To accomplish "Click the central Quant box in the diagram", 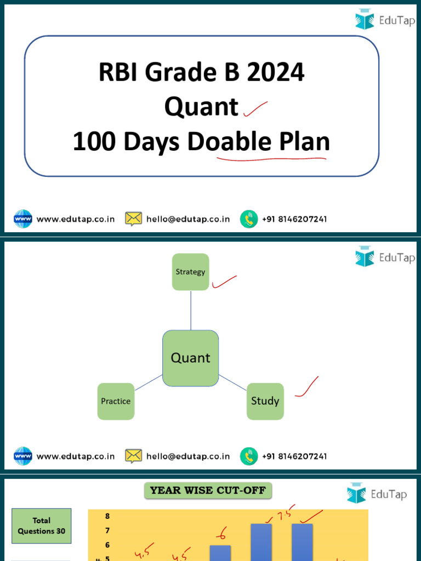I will tap(190, 358).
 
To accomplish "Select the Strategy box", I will tap(190, 272).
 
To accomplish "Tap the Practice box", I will tap(116, 401).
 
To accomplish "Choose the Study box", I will tap(265, 401).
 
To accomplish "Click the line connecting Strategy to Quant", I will tap(191, 310).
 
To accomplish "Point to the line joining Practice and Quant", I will tap(149, 383).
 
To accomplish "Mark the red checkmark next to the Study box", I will tap(308, 387).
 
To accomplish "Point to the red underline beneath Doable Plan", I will tap(271, 159).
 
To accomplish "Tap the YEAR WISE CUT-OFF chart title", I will tap(208, 490).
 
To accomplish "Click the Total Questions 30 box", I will tap(42, 525).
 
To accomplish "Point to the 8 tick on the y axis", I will tap(107, 516).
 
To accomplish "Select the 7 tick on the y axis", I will tap(107, 530).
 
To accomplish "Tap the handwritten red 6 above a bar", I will tap(221, 531).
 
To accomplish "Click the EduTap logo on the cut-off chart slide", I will tap(377, 495).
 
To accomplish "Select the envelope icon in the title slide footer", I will tap(133, 219).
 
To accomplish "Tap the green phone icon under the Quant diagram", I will tap(249, 456).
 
